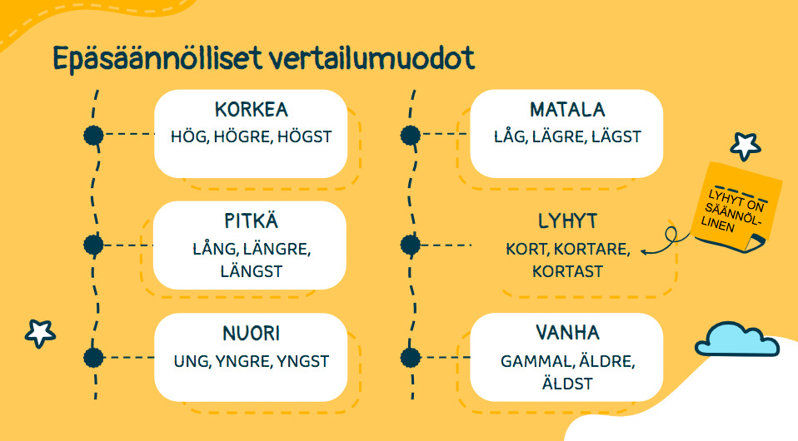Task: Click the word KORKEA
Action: pyautogui.click(x=251, y=110)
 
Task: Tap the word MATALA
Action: pyautogui.click(x=567, y=110)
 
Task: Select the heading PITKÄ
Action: pyautogui.click(x=251, y=220)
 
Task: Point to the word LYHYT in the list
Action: pyautogui.click(x=567, y=221)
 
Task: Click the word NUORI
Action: pyautogui.click(x=251, y=333)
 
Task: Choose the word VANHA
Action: pyautogui.click(x=567, y=333)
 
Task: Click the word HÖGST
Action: pyautogui.click(x=304, y=136)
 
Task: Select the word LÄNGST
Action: pyautogui.click(x=251, y=271)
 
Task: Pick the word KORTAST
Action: pyautogui.click(x=567, y=271)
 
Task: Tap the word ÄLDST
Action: pyautogui.click(x=567, y=383)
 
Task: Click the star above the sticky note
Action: pyautogui.click(x=745, y=146)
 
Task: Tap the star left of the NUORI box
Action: pyautogui.click(x=40, y=333)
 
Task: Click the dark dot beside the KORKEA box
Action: pyautogui.click(x=93, y=136)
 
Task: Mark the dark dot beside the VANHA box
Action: pyautogui.click(x=410, y=358)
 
